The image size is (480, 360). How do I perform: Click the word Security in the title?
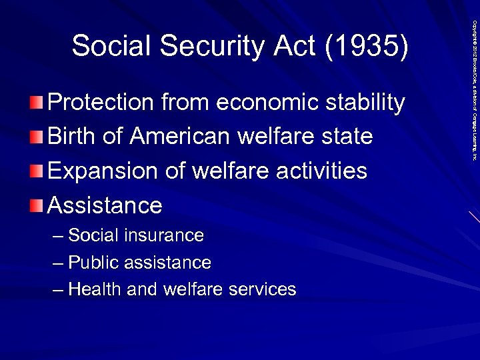click(203, 46)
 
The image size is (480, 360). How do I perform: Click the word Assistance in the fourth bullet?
click(105, 205)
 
